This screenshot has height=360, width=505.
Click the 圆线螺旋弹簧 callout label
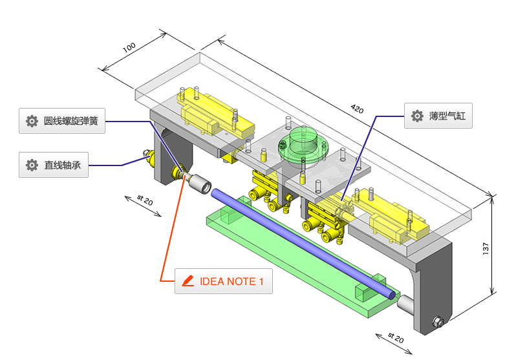pos(62,121)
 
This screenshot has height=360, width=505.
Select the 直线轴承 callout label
pos(54,165)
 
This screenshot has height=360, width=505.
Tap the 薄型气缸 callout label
pos(438,116)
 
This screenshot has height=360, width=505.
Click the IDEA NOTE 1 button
pos(223,281)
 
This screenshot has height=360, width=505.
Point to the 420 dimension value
pos(357,109)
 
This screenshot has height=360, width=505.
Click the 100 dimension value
pos(129,49)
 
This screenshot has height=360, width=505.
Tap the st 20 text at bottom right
pos(395,338)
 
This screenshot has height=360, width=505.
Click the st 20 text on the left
pos(144,202)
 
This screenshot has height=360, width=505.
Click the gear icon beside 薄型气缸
pos(417,116)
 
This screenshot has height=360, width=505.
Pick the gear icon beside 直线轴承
pos(32,165)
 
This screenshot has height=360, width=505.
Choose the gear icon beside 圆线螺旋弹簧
pos(32,121)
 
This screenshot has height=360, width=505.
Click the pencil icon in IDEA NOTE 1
pos(188,281)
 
